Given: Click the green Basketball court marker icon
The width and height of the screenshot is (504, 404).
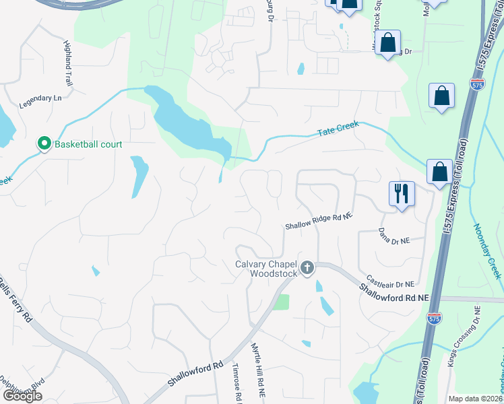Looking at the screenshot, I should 44,143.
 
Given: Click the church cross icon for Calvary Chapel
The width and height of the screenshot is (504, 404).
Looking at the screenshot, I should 307,269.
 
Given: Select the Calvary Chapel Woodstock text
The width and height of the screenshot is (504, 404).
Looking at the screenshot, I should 266,269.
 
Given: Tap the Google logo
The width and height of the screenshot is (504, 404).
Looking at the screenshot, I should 22,396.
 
